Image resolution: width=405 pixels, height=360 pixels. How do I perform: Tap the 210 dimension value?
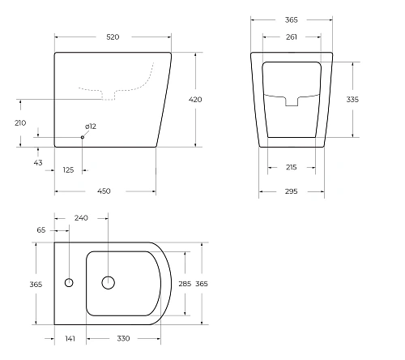(20, 122)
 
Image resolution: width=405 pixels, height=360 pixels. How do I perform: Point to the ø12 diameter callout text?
(92, 126)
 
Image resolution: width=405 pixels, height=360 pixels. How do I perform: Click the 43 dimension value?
(38, 163)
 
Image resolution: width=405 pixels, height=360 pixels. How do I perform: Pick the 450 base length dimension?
(105, 191)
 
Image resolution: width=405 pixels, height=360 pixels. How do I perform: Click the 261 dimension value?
(292, 36)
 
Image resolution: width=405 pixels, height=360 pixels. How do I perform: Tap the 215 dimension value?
(292, 168)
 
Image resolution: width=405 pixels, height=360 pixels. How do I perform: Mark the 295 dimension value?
(292, 191)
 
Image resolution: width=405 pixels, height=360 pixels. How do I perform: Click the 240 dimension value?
(81, 218)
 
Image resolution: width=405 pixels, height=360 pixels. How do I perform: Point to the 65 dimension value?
(41, 231)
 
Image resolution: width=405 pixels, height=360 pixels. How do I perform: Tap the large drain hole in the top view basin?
(108, 283)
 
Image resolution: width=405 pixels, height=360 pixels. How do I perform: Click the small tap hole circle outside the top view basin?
(68, 284)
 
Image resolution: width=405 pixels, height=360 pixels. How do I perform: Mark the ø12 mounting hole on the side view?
(83, 137)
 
